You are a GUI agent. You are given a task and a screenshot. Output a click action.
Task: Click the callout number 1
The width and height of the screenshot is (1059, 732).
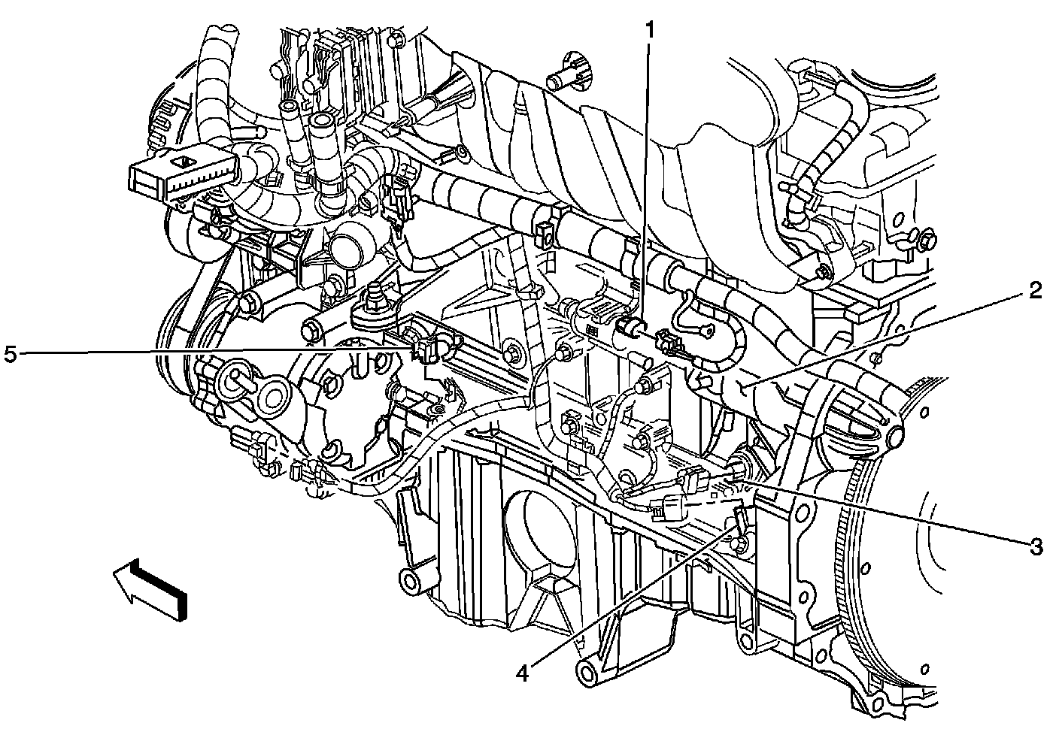coord(651,30)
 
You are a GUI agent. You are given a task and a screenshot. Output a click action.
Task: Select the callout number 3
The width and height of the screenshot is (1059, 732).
coord(1036,547)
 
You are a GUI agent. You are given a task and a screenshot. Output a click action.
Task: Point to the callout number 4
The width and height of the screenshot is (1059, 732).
coord(522,674)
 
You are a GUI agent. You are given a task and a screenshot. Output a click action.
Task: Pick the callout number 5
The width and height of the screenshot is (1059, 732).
coord(11,354)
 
